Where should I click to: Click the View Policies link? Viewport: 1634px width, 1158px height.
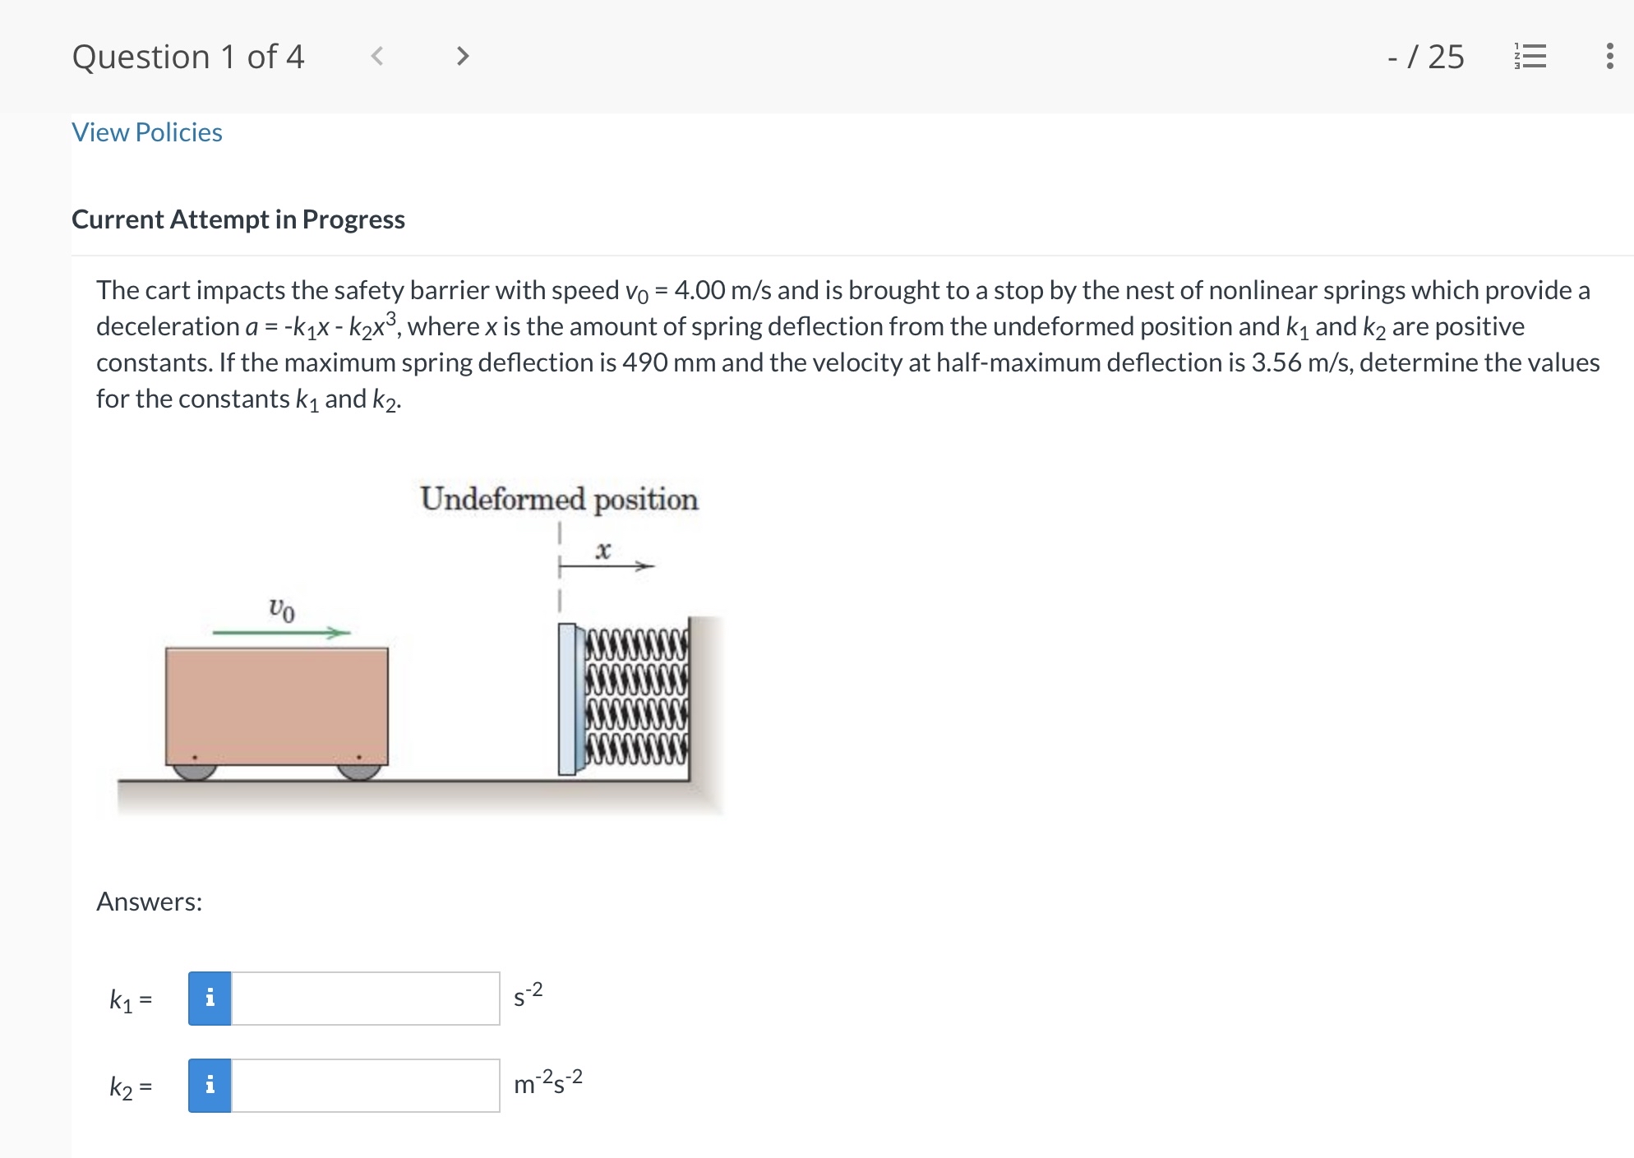[x=147, y=132]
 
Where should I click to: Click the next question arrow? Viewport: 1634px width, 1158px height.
[x=463, y=56]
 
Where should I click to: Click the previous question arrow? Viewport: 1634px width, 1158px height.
[x=377, y=56]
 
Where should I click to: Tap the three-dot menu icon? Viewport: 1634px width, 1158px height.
[x=1609, y=56]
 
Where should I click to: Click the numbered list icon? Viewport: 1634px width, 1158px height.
[x=1530, y=56]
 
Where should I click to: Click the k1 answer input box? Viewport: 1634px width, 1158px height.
[x=365, y=999]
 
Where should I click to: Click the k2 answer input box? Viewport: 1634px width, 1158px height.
[x=365, y=1086]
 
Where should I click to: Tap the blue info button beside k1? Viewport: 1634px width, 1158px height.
[x=210, y=999]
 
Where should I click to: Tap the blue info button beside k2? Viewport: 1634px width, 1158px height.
[x=210, y=1086]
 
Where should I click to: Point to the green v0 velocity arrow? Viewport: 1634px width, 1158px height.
[x=281, y=632]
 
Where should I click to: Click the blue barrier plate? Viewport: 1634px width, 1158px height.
[x=567, y=699]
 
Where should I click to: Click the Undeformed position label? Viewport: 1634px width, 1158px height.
[x=559, y=499]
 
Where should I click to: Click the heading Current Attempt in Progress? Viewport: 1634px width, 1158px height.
[x=238, y=219]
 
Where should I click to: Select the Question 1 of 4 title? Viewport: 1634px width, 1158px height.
[x=188, y=57]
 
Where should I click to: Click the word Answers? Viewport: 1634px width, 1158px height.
[x=149, y=902]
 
